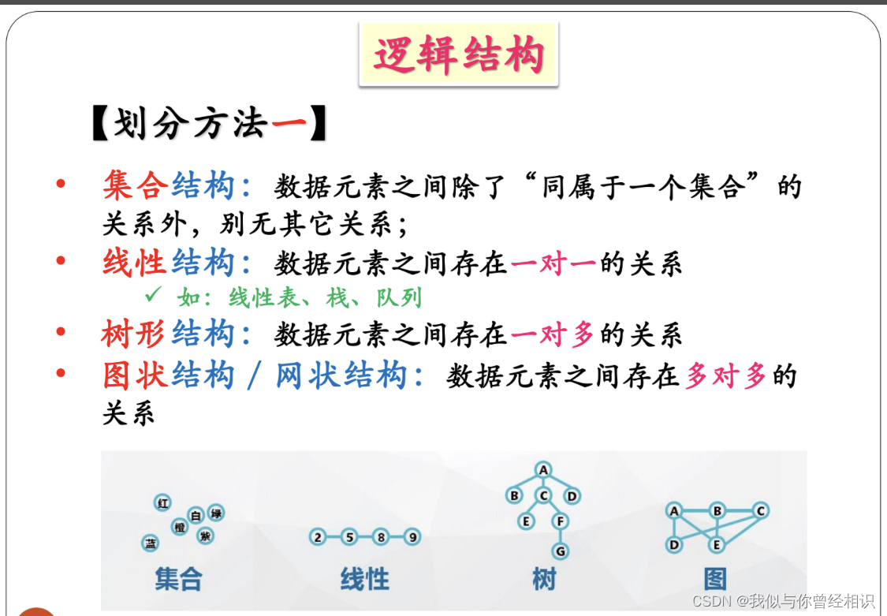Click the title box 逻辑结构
click(x=458, y=54)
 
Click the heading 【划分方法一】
click(x=209, y=125)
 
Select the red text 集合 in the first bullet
click(x=136, y=186)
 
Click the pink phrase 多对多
click(x=726, y=375)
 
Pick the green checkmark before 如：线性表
click(x=153, y=297)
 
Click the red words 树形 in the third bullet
click(x=134, y=335)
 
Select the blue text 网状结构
click(x=341, y=375)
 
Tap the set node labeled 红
click(x=162, y=503)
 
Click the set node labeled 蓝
click(x=150, y=543)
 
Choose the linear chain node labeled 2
click(x=318, y=538)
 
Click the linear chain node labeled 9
click(x=411, y=538)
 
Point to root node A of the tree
click(x=542, y=470)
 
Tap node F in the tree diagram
click(x=561, y=521)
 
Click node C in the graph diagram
click(x=760, y=510)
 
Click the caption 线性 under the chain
click(x=365, y=580)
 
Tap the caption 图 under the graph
click(x=715, y=580)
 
